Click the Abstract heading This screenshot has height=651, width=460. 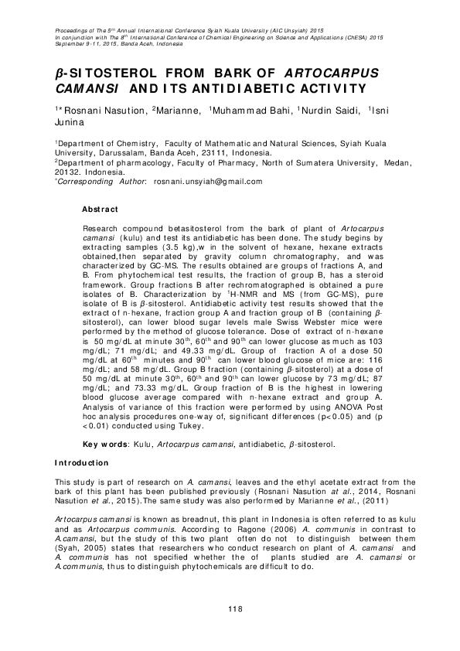(x=100, y=210)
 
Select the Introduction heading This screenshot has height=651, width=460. (x=81, y=463)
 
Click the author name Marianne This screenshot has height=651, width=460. (x=175, y=111)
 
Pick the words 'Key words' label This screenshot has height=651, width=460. (x=101, y=446)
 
